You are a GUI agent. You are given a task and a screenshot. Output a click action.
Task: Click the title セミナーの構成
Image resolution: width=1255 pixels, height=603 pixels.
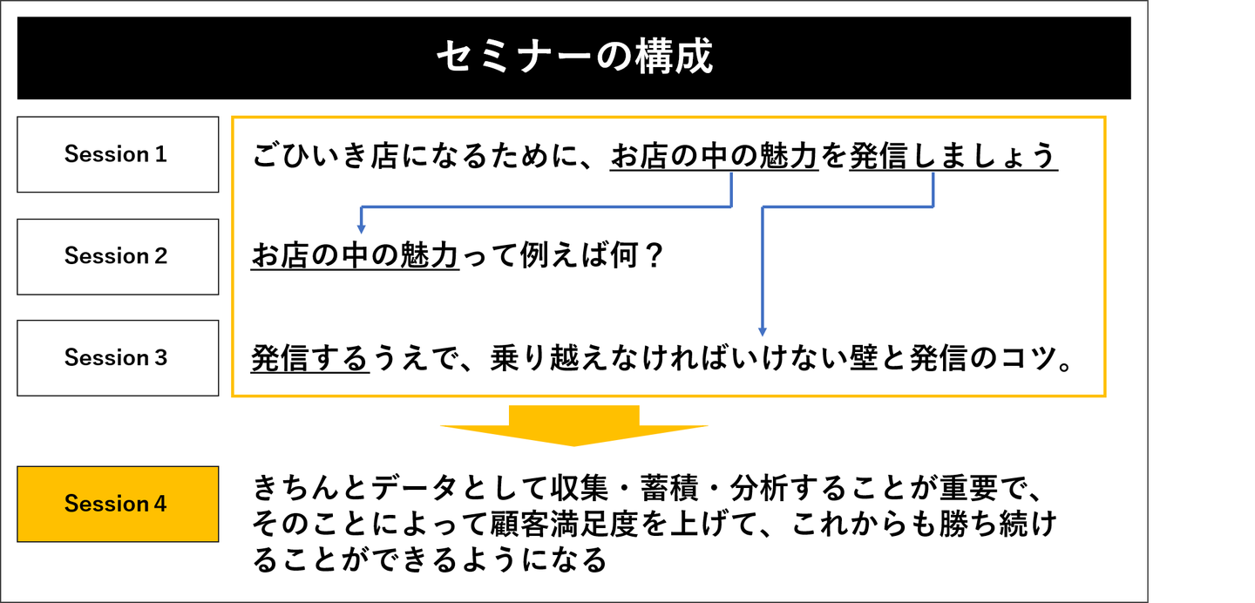coord(574,57)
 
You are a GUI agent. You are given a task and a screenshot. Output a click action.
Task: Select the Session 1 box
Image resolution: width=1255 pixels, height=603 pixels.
coord(118,155)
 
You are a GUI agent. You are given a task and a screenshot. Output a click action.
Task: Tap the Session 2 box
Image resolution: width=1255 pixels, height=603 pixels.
coord(118,257)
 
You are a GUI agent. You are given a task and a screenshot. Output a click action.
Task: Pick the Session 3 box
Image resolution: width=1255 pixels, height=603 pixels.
coord(118,358)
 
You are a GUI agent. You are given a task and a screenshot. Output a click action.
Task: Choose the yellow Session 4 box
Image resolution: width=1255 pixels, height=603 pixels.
coord(118,504)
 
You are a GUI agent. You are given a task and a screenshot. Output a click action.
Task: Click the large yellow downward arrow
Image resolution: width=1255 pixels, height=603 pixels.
coord(573,426)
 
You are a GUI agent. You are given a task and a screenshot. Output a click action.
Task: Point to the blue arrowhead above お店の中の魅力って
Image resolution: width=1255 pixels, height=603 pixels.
coord(362,228)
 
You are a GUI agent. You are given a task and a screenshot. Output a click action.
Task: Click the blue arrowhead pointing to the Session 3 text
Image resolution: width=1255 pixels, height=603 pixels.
coord(763,331)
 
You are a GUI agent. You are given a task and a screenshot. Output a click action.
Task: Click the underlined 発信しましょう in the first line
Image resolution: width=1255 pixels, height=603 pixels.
coord(953,155)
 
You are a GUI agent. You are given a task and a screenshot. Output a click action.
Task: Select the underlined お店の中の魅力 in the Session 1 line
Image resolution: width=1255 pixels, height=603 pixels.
coord(715,155)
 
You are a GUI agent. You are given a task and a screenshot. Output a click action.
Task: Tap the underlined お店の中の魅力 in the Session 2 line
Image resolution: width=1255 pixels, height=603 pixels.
coord(356,255)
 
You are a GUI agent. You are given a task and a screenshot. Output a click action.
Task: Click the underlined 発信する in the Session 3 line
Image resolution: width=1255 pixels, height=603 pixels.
coord(310,357)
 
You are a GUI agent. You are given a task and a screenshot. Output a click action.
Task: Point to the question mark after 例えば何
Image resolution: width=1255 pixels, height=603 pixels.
coord(654,255)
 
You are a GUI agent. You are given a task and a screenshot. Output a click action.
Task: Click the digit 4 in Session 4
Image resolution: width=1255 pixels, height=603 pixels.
coord(160,504)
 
